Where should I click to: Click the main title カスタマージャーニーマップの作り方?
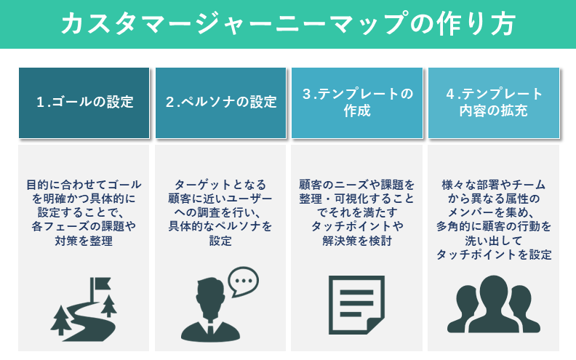pyautogui.click(x=288, y=24)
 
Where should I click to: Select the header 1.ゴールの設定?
pyautogui.click(x=84, y=102)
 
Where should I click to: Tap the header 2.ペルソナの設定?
pyautogui.click(x=221, y=102)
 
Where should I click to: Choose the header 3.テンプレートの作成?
pyautogui.click(x=357, y=102)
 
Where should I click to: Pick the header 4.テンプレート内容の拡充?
pyautogui.click(x=494, y=102)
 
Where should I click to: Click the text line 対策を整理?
pyautogui.click(x=84, y=240)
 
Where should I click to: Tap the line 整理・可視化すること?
pyautogui.click(x=357, y=198)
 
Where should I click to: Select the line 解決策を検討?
pyautogui.click(x=357, y=240)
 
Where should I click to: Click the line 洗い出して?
pyautogui.click(x=494, y=240)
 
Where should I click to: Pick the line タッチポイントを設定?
pyautogui.click(x=494, y=255)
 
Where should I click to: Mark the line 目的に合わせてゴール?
pyautogui.click(x=84, y=184)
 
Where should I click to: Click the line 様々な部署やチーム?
pyautogui.click(x=494, y=184)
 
